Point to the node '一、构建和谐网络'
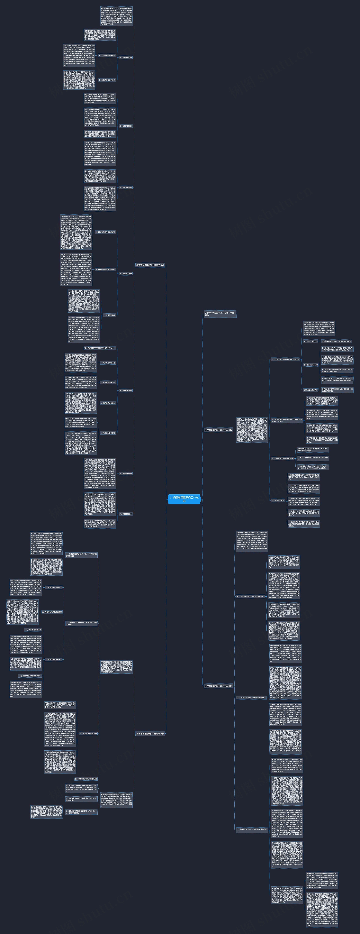pos(125,57)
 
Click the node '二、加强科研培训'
pos(125,126)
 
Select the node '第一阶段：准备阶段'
pos(310,341)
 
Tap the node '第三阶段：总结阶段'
pos(310,390)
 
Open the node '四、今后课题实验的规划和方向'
pos(86,778)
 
